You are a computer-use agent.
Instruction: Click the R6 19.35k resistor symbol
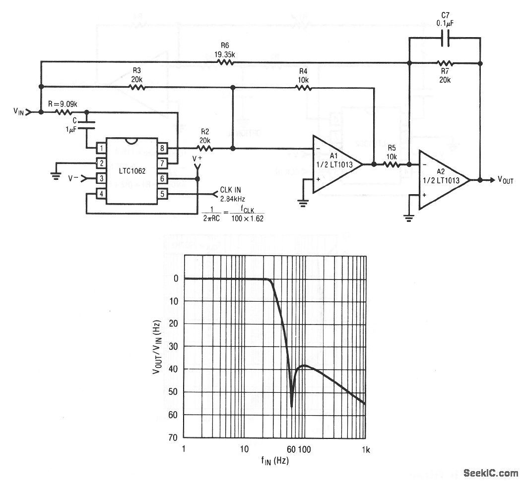(226, 62)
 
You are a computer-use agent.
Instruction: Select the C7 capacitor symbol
(445, 38)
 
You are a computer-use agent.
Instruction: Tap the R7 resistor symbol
(445, 63)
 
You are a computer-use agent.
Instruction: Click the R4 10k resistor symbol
(303, 88)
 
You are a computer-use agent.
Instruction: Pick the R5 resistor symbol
(390, 164)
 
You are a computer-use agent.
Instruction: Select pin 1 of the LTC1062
(101, 148)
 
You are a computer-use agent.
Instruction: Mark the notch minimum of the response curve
(291, 406)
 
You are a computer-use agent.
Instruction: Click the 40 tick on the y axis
(173, 370)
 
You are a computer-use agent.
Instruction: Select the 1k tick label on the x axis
(365, 449)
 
